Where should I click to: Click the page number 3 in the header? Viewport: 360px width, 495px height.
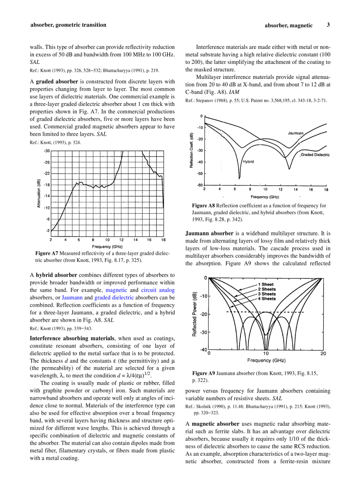[x=328, y=25]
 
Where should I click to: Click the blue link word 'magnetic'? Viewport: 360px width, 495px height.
[x=116, y=290]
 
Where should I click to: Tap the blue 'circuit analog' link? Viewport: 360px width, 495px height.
[x=158, y=290]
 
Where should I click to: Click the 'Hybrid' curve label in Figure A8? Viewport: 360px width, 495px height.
[x=248, y=162]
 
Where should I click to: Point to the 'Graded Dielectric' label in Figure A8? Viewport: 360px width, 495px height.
[x=315, y=155]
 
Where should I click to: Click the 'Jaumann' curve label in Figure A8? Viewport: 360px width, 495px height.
[x=296, y=133]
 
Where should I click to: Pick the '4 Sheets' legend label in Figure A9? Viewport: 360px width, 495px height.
[x=266, y=299]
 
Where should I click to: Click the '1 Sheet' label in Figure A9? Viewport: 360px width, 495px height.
[x=266, y=285]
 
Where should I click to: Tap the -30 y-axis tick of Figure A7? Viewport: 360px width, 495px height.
[x=46, y=151]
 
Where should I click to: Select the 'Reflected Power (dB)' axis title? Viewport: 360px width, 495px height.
[x=195, y=314]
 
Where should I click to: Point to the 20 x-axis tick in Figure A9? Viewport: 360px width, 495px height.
[x=323, y=354]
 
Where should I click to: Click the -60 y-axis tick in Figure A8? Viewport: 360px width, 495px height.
[x=200, y=185]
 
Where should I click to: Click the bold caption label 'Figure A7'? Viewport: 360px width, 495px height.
[x=47, y=253]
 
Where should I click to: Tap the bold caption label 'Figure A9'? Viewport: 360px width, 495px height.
[x=203, y=373]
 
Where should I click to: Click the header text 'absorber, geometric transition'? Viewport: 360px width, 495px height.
[x=68, y=25]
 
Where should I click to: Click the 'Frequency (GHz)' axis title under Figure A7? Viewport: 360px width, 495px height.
[x=107, y=246]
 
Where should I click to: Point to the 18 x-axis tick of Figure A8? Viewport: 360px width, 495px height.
[x=326, y=190]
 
